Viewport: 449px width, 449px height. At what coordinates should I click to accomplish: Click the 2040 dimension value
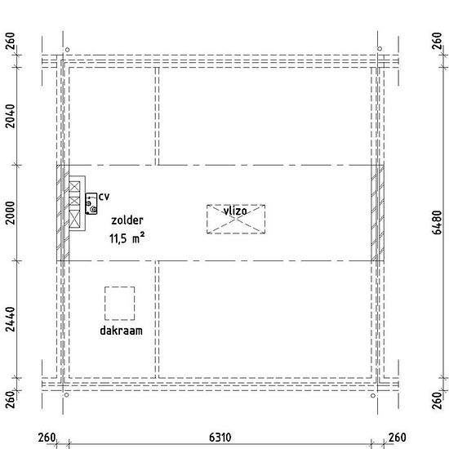coord(11,116)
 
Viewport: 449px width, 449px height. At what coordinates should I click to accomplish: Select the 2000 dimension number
coord(11,213)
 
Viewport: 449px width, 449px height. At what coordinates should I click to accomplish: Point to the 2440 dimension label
coord(11,319)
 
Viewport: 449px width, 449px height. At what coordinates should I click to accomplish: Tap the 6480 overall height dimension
coord(437,223)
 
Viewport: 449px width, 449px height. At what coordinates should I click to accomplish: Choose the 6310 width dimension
coord(220,438)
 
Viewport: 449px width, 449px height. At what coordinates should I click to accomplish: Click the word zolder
coord(127,220)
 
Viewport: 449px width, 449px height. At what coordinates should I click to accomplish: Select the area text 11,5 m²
coord(127,238)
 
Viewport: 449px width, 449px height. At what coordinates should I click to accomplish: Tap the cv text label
coord(104,197)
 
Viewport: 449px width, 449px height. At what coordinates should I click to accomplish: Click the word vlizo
coord(235,211)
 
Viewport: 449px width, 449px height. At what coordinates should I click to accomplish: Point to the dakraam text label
coord(121,331)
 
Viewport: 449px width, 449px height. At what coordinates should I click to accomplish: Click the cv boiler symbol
coord(91,203)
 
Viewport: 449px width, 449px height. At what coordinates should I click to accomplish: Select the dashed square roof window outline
coord(120,303)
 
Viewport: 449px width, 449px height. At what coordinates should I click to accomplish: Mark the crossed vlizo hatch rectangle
coord(236,219)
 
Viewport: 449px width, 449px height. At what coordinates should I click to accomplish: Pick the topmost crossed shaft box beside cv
coord(74,187)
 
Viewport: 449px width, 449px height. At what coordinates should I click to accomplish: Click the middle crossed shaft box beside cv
coord(74,201)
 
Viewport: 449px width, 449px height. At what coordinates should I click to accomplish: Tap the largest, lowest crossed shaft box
coord(74,219)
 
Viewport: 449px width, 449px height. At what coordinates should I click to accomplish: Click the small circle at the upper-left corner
coord(67,50)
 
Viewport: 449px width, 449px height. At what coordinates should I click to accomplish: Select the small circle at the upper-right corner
coord(380,49)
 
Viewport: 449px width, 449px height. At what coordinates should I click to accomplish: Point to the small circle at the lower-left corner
coord(66,395)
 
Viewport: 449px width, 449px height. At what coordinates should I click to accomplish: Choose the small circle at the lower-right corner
coord(373,396)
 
